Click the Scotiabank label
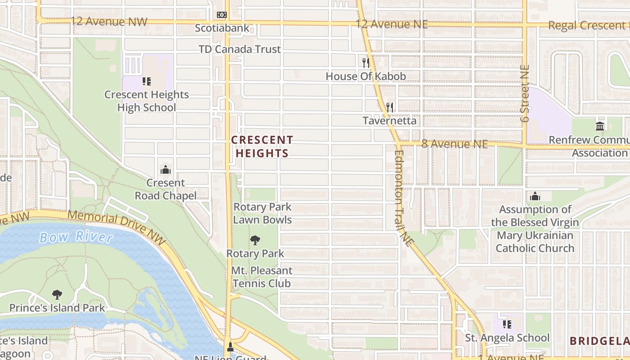pyautogui.click(x=222, y=28)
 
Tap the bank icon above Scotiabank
pyautogui.click(x=222, y=15)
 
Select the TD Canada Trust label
pyautogui.click(x=240, y=49)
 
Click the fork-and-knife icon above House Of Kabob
pyautogui.click(x=366, y=63)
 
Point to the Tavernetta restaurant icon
pyautogui.click(x=390, y=107)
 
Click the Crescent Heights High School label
pyautogui.click(x=147, y=101)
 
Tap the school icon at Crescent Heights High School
pyautogui.click(x=147, y=81)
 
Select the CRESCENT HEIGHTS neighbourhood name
pyautogui.click(x=262, y=146)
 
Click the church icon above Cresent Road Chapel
pyautogui.click(x=166, y=170)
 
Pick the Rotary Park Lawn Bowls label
pyautogui.click(x=262, y=213)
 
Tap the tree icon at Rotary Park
pyautogui.click(x=255, y=240)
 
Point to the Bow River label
pyautogui.click(x=76, y=237)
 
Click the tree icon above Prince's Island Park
pyautogui.click(x=57, y=295)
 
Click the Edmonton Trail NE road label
pyautogui.click(x=404, y=198)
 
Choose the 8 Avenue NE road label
pyautogui.click(x=454, y=144)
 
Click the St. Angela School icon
pyautogui.click(x=507, y=324)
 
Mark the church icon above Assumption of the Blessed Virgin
pyautogui.click(x=535, y=196)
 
